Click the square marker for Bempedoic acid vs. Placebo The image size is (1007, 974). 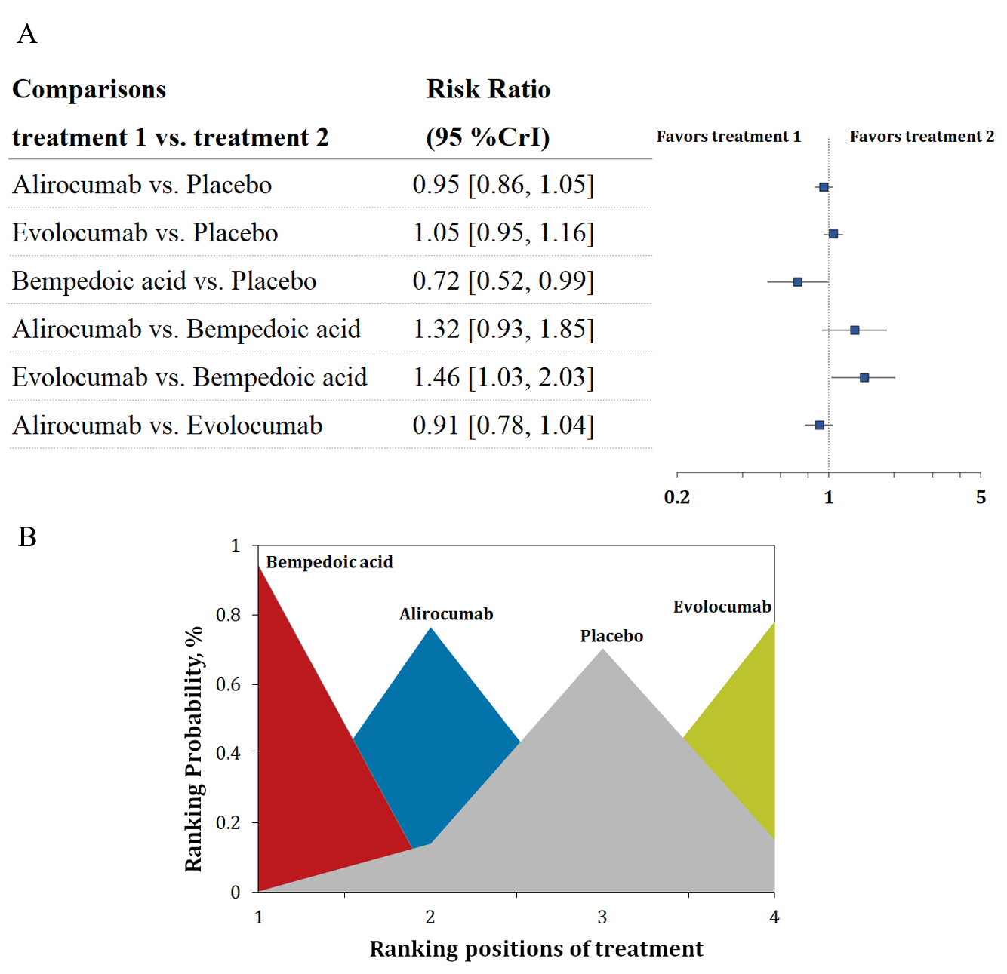(797, 282)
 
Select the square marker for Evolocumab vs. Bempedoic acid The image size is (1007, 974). (864, 377)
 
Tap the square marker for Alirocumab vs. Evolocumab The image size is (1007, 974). (820, 426)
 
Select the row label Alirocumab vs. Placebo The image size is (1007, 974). (142, 185)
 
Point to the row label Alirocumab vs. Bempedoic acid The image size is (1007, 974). (186, 330)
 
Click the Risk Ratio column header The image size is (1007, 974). (488, 89)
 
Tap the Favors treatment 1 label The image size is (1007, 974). (728, 137)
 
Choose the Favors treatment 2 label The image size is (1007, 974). (922, 137)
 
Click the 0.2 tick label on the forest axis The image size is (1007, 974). (677, 497)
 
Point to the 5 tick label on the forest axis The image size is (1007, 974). (981, 497)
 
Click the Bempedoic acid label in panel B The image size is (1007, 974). (329, 562)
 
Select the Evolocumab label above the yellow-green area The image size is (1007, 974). (722, 607)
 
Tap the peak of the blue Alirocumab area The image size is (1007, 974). (431, 628)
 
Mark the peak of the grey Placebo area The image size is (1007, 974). (602, 650)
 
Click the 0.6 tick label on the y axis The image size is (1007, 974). (228, 684)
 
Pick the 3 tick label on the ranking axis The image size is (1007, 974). (602, 917)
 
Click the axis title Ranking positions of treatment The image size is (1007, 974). (536, 949)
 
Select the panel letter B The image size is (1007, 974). (28, 537)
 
